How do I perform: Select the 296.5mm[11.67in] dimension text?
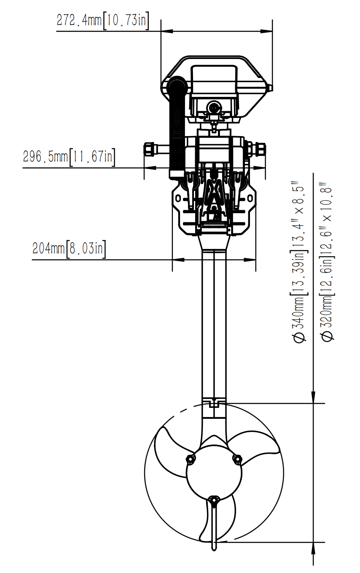click(x=69, y=157)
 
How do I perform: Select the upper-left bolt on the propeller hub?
click(x=191, y=459)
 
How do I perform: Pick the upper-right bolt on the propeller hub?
click(x=237, y=459)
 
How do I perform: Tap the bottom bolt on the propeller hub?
click(x=214, y=500)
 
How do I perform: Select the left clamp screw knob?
click(x=149, y=149)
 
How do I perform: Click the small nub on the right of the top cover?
click(x=270, y=88)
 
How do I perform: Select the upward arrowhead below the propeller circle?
click(x=314, y=548)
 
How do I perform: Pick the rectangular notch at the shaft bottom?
click(x=215, y=404)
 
